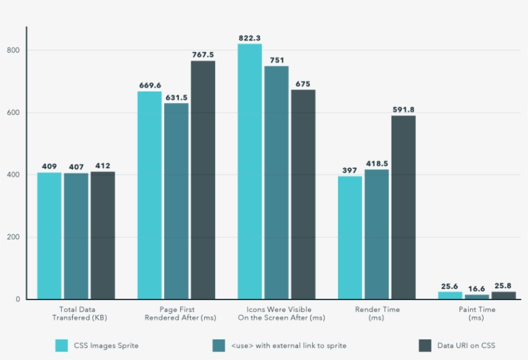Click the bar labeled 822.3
point(250,171)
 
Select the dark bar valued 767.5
point(203,180)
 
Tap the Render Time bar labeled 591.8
point(404,207)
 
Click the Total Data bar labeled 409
point(49,236)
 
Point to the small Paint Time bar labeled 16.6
point(477,297)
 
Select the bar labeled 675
point(303,194)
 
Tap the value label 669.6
point(149,85)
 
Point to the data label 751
point(277,60)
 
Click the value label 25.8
point(504,285)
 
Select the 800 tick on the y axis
point(14,50)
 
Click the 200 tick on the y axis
point(14,237)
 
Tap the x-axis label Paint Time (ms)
point(476,314)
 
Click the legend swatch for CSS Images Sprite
point(62,345)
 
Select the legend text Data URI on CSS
point(467,346)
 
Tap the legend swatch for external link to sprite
point(218,345)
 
